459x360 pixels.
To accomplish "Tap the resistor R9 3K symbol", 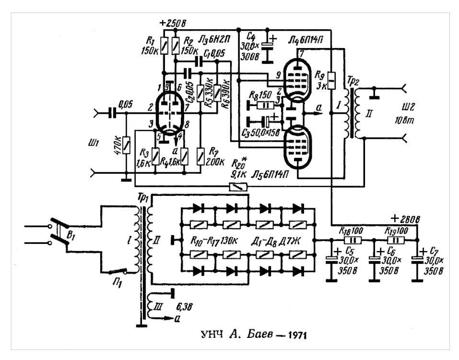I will pos(331,78).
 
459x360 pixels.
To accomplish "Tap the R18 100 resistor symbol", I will pos(353,240).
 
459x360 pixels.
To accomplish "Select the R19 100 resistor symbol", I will pos(396,240).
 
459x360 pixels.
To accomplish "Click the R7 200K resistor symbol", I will pos(200,155).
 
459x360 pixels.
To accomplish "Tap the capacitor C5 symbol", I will pos(331,260).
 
